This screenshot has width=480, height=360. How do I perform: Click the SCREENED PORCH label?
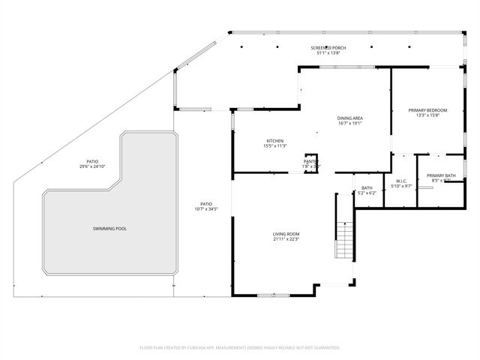328,47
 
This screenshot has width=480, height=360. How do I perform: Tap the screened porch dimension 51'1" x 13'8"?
328,53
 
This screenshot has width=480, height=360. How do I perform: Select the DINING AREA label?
350,118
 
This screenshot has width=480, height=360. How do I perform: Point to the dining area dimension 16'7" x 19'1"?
350,124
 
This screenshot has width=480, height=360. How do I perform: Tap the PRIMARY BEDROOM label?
427,110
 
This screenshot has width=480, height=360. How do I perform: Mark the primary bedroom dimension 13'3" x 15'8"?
427,116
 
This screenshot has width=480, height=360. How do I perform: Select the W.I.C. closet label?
402,180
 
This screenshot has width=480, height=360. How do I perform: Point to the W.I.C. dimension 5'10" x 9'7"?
402,186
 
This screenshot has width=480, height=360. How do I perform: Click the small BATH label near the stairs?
367,187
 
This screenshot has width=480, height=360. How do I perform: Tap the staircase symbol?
344,241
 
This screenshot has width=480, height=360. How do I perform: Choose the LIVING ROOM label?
286,234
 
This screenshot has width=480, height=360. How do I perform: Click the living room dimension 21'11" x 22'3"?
286,240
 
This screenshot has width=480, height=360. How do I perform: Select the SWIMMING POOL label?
109,228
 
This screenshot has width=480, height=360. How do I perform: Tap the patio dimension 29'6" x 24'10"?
92,167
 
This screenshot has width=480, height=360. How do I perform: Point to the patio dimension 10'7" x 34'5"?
206,208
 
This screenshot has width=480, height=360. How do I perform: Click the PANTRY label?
310,160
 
